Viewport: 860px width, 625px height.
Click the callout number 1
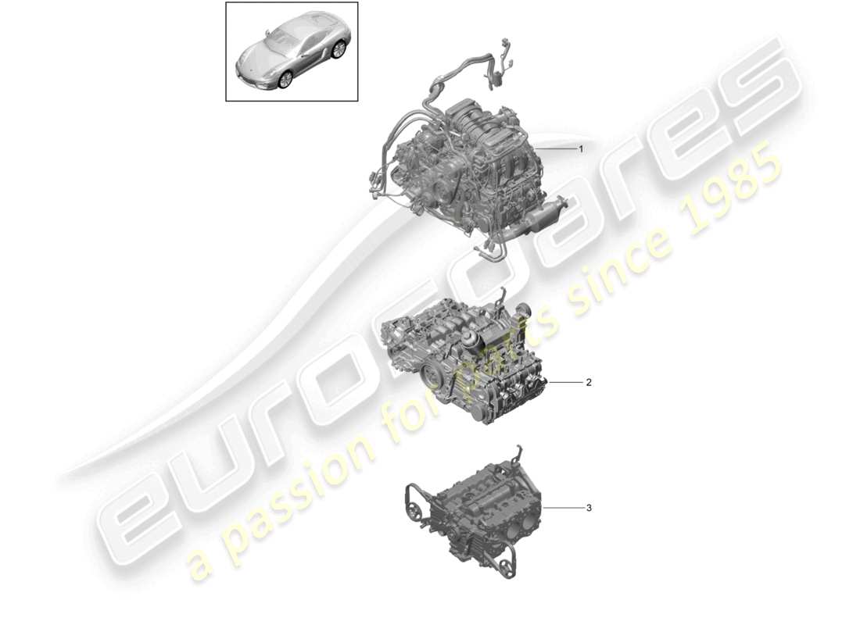581,148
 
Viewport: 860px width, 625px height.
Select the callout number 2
589,383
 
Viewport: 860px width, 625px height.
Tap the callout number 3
589,509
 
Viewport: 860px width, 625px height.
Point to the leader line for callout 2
564,383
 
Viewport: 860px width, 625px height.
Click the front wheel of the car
282,79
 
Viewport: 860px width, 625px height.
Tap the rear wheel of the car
338,51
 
